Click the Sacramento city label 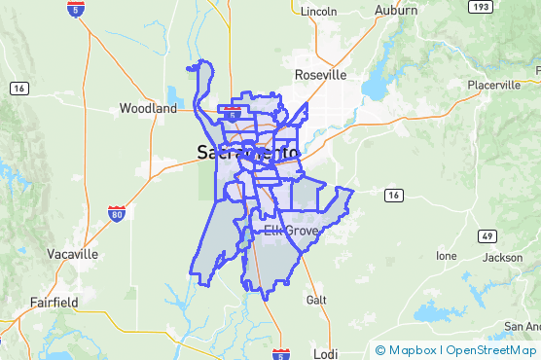(248, 153)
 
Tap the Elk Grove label (289, 231)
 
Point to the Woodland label (148, 109)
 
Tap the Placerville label (493, 85)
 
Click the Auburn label (396, 11)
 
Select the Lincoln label (318, 12)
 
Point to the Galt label (315, 299)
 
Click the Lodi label (325, 352)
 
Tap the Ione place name (446, 256)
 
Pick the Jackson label (502, 258)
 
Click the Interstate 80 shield (117, 212)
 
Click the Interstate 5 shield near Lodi (280, 353)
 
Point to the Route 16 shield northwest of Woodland (18, 88)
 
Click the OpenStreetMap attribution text (491, 350)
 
